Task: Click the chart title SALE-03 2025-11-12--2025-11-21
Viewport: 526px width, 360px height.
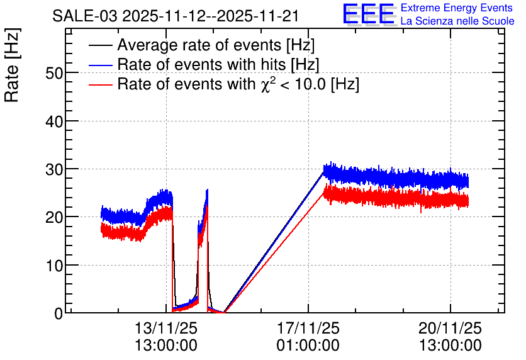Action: (176, 16)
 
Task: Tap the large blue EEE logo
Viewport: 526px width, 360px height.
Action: (369, 14)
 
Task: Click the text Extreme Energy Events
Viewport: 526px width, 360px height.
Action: (457, 8)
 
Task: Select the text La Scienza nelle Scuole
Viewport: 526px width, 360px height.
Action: (457, 21)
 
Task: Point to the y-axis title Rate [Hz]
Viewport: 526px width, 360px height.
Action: (12, 65)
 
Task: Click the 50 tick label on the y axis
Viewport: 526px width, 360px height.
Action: (54, 73)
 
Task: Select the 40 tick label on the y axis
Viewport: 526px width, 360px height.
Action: (54, 121)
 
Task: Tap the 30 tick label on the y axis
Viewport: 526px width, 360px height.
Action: (54, 169)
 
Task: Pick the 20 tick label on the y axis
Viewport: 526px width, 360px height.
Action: (54, 217)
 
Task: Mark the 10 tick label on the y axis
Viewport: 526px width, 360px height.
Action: (54, 266)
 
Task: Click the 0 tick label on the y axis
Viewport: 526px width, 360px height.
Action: (59, 313)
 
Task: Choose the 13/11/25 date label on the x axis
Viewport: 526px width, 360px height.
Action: (166, 328)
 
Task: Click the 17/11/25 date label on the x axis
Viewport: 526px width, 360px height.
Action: (308, 328)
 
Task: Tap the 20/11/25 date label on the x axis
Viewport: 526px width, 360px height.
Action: (450, 328)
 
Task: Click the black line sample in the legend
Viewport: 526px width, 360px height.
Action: (100, 45)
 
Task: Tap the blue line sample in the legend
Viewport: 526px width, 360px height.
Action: (100, 65)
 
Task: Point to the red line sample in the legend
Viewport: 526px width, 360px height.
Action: (100, 85)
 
